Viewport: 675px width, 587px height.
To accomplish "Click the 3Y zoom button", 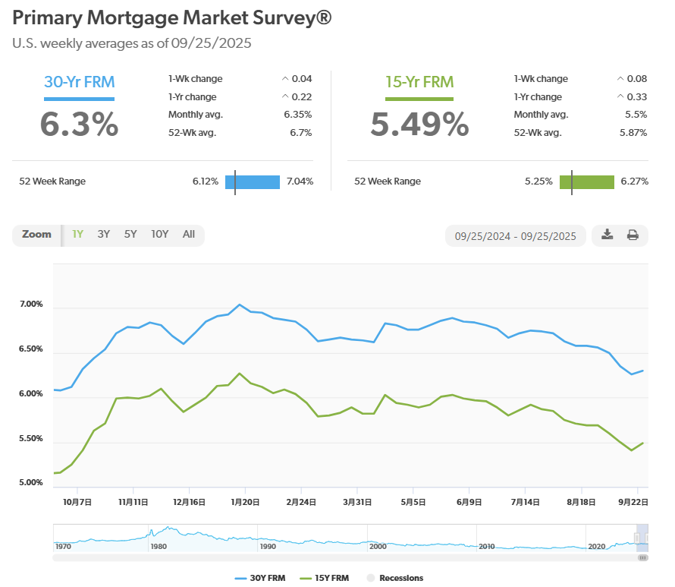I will pyautogui.click(x=104, y=234).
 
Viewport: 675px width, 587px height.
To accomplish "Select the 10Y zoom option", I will pyautogui.click(x=159, y=234).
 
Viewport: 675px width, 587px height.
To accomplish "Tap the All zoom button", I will pyautogui.click(x=189, y=234).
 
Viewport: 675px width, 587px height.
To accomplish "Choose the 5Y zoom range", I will pyautogui.click(x=130, y=234).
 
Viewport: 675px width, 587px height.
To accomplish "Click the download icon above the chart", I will pyautogui.click(x=607, y=235).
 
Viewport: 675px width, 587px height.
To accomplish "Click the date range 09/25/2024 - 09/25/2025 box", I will pyautogui.click(x=515, y=235).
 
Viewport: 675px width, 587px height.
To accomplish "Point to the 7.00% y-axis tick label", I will pyautogui.click(x=30, y=305).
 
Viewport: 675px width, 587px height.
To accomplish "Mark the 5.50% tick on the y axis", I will pyautogui.click(x=30, y=439).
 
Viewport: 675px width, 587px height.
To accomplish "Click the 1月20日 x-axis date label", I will pyautogui.click(x=246, y=502).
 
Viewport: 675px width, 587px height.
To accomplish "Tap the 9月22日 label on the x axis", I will pyautogui.click(x=632, y=502).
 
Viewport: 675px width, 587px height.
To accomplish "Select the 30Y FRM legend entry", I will pyautogui.click(x=262, y=578).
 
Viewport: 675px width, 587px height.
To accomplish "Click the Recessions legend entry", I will pyautogui.click(x=395, y=578).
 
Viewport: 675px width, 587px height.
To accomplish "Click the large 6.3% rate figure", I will pyautogui.click(x=79, y=125).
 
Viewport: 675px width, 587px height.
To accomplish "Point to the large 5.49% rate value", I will pyautogui.click(x=419, y=125).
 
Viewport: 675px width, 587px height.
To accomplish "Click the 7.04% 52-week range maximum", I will pyautogui.click(x=300, y=181).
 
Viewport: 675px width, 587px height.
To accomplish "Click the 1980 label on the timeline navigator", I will pyautogui.click(x=159, y=546).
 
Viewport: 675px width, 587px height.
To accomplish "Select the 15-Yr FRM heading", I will pyautogui.click(x=419, y=82).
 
